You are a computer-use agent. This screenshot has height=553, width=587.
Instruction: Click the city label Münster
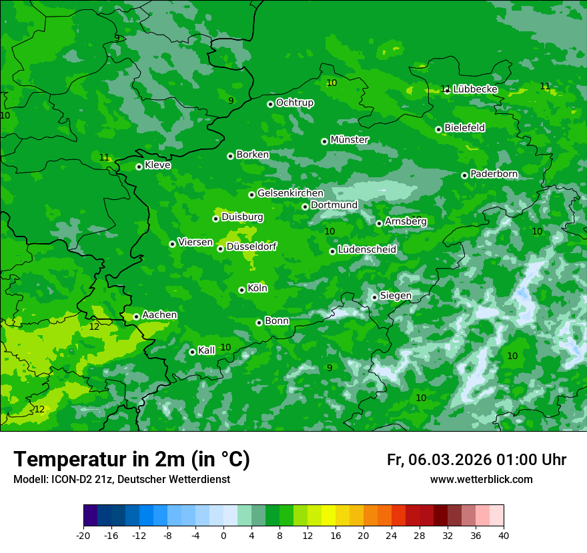[x=350, y=140]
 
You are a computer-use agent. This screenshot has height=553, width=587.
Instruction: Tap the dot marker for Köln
[x=241, y=290]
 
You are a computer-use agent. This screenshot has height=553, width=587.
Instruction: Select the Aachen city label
[x=159, y=315]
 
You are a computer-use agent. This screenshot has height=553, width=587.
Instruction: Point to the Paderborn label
[x=494, y=174]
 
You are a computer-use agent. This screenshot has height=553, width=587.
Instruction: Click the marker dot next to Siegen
[x=374, y=297]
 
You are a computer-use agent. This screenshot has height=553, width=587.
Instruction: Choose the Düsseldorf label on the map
[x=251, y=247]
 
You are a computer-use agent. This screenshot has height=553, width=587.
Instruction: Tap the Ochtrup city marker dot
[x=270, y=104]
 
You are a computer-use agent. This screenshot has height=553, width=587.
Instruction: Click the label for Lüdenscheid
[x=367, y=250]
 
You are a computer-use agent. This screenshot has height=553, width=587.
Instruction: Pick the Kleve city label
[x=157, y=165]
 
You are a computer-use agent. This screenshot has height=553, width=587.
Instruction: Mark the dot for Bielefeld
[x=438, y=129]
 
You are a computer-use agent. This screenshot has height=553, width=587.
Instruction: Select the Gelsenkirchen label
[x=290, y=193]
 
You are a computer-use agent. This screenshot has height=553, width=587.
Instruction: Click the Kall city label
[x=207, y=350]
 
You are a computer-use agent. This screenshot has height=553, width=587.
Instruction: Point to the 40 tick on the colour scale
[x=503, y=535]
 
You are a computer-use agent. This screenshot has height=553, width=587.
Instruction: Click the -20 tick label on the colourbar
[x=83, y=535]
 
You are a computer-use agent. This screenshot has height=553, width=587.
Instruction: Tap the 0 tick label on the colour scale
[x=223, y=535]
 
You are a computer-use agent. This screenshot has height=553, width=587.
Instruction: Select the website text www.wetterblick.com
[x=481, y=480]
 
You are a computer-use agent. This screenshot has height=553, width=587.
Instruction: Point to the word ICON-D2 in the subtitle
[x=70, y=480]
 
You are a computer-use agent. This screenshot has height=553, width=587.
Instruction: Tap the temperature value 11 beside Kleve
[x=104, y=158]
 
